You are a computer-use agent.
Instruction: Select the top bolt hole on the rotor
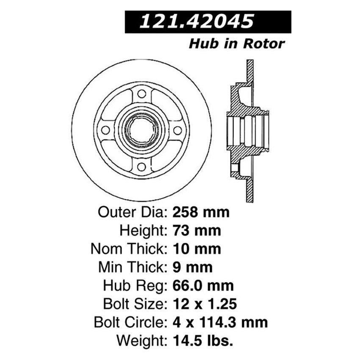point(141,94)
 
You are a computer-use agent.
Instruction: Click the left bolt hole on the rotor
point(105,130)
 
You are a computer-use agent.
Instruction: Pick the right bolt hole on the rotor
point(177,130)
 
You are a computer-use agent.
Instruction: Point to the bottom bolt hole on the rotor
point(141,166)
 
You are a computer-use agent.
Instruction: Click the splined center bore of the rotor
point(141,130)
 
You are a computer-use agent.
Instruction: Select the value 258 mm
point(201,211)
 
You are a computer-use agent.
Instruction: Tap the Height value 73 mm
point(197,230)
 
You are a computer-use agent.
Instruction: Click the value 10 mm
point(197,248)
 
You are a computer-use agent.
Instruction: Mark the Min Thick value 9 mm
point(192,267)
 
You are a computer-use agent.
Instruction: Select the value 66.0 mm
point(203,285)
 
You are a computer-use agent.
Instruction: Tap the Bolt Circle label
point(129,322)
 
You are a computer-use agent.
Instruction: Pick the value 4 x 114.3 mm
point(220,322)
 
